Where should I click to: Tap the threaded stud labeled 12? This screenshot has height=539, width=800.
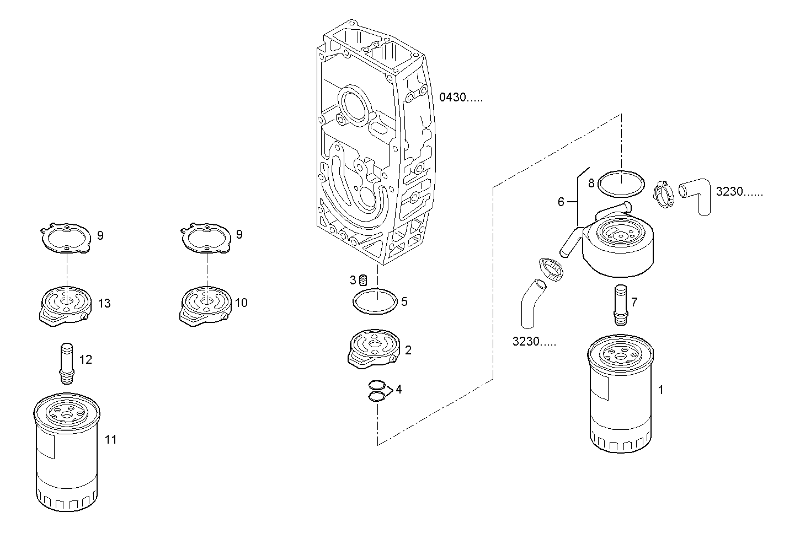[67, 362]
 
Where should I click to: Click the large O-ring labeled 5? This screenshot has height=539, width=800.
[375, 301]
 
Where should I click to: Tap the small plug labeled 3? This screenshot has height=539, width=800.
[363, 280]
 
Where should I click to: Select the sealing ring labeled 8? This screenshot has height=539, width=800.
[621, 183]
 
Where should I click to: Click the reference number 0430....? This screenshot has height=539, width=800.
[460, 98]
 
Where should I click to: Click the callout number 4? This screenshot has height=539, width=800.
[398, 390]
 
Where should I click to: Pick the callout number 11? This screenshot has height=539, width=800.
[111, 439]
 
